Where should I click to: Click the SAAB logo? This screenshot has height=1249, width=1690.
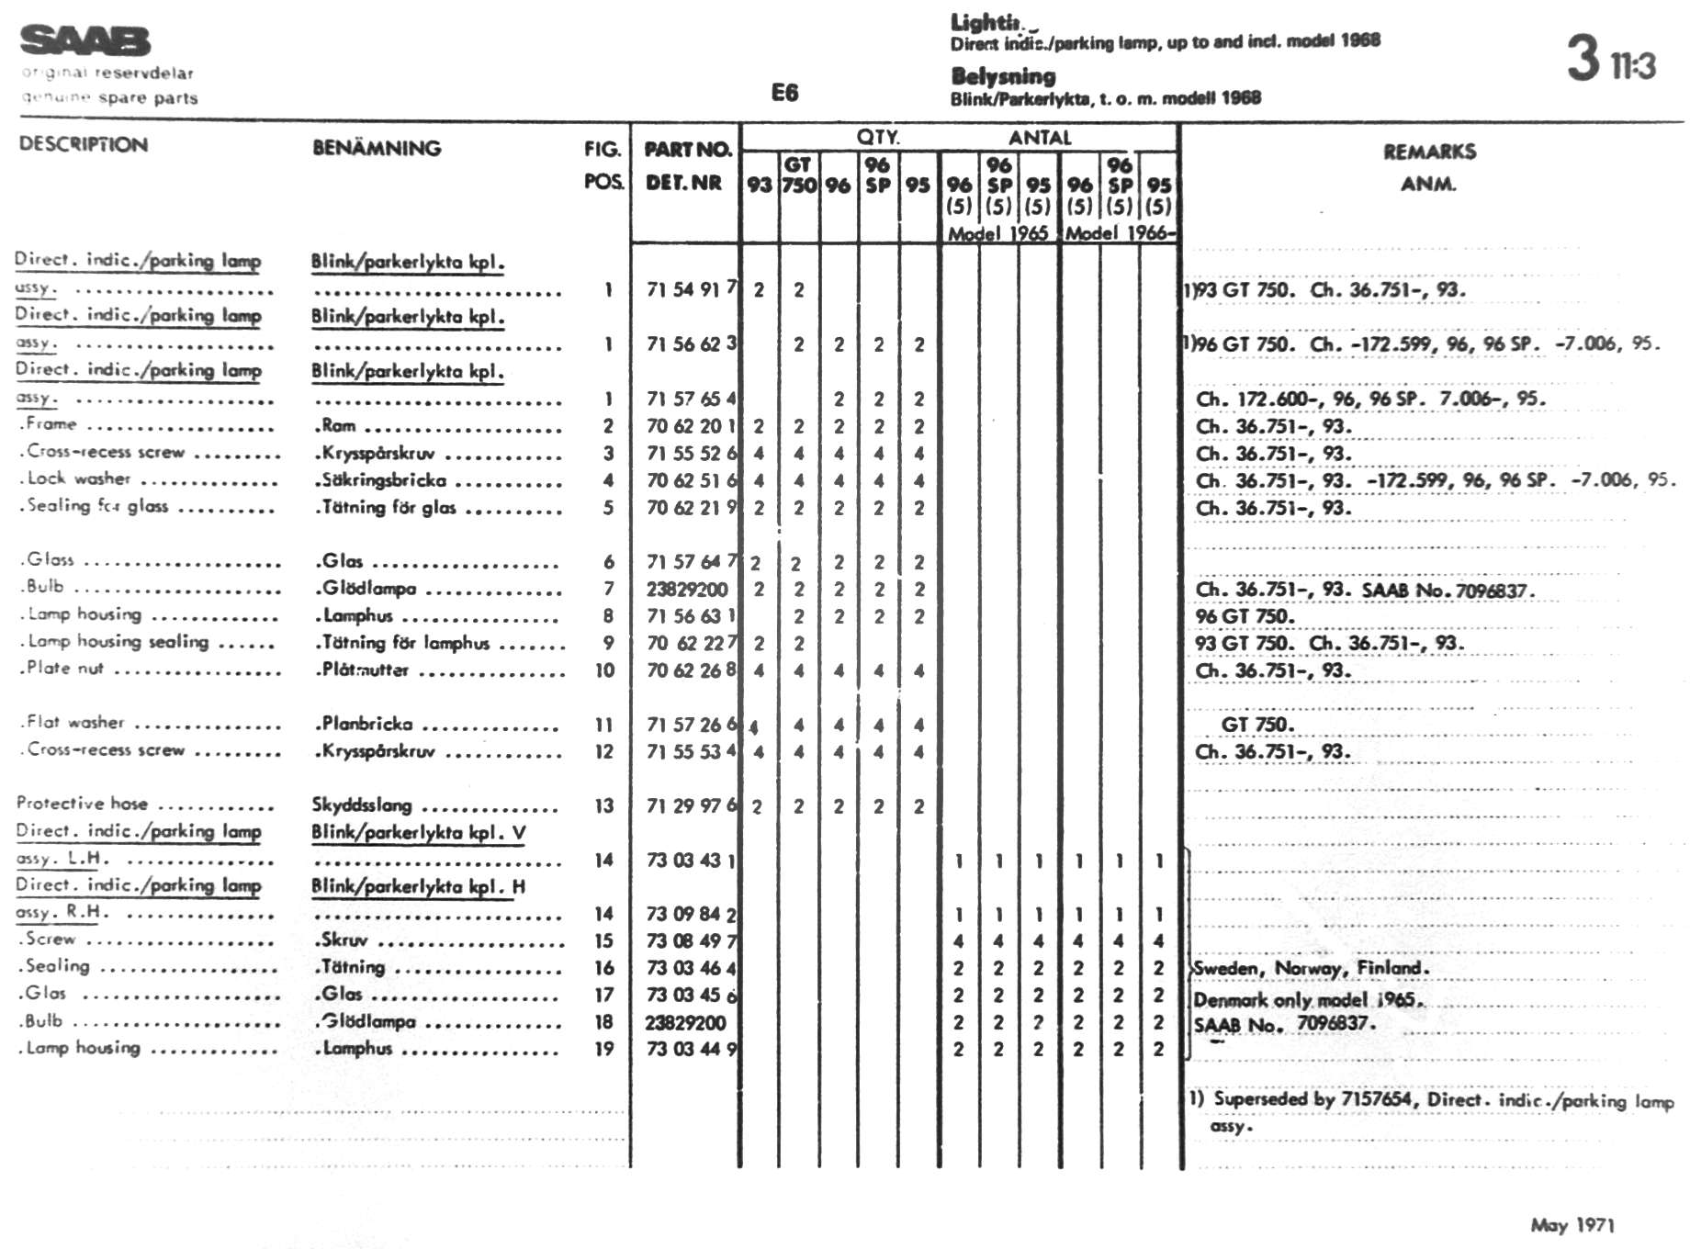(x=84, y=40)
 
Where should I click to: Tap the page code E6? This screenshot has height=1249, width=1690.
(x=784, y=92)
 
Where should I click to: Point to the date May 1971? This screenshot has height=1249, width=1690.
(x=1572, y=1224)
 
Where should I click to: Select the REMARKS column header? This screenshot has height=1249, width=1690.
(x=1429, y=152)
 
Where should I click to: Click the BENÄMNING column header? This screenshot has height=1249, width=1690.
(x=377, y=148)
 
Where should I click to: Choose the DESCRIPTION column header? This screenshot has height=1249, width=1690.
(x=84, y=144)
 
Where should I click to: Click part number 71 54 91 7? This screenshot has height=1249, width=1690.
(x=691, y=289)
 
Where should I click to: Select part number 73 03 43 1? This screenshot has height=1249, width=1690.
(x=691, y=861)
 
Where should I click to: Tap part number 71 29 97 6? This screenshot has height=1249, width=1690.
(x=691, y=805)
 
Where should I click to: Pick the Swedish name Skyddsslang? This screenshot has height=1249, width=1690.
(x=361, y=805)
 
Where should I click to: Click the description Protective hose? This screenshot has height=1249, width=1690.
(x=82, y=804)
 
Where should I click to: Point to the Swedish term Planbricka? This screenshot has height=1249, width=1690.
(x=366, y=724)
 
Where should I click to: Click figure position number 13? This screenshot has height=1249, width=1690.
(x=603, y=805)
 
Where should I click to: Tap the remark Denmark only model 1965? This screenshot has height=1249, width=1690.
(x=1308, y=999)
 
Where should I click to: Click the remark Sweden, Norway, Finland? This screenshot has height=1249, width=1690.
(x=1312, y=968)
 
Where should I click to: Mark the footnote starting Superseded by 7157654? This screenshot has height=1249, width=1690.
(x=1433, y=1100)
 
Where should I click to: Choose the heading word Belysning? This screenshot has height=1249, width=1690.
(x=1003, y=76)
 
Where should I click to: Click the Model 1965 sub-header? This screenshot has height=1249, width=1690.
(x=998, y=233)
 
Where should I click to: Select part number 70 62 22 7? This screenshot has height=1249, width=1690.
(x=691, y=643)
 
